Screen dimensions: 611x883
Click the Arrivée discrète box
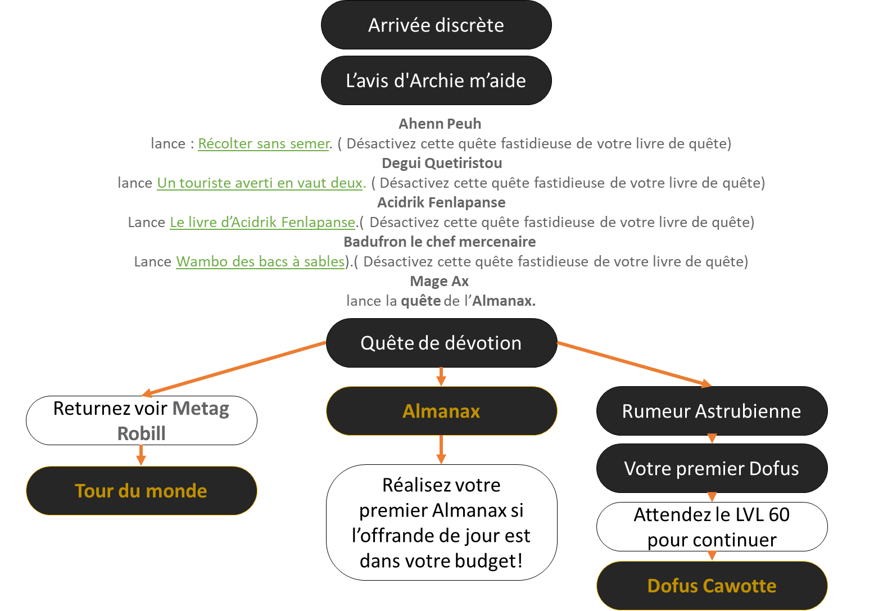[436, 25]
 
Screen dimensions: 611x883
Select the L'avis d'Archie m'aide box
[436, 80]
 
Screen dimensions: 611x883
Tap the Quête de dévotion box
[441, 343]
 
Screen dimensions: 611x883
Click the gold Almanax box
[441, 411]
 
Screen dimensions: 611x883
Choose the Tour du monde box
[141, 491]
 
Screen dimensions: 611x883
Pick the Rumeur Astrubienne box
[712, 411]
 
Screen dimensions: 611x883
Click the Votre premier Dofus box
[712, 468]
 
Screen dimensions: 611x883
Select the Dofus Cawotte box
[712, 586]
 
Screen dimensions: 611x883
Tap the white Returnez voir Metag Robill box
[141, 420]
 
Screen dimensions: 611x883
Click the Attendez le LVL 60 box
[712, 527]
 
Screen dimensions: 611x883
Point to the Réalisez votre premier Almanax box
[441, 522]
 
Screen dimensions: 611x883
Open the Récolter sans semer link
[264, 144]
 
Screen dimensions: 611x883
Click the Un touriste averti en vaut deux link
[260, 183]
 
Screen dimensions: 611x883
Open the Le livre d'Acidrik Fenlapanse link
[262, 223]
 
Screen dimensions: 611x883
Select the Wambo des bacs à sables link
[260, 262]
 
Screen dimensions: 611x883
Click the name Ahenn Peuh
[440, 124]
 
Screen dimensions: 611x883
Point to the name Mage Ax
[439, 281]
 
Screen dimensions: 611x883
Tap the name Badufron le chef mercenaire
[439, 242]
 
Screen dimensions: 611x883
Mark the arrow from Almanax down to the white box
[441, 450]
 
